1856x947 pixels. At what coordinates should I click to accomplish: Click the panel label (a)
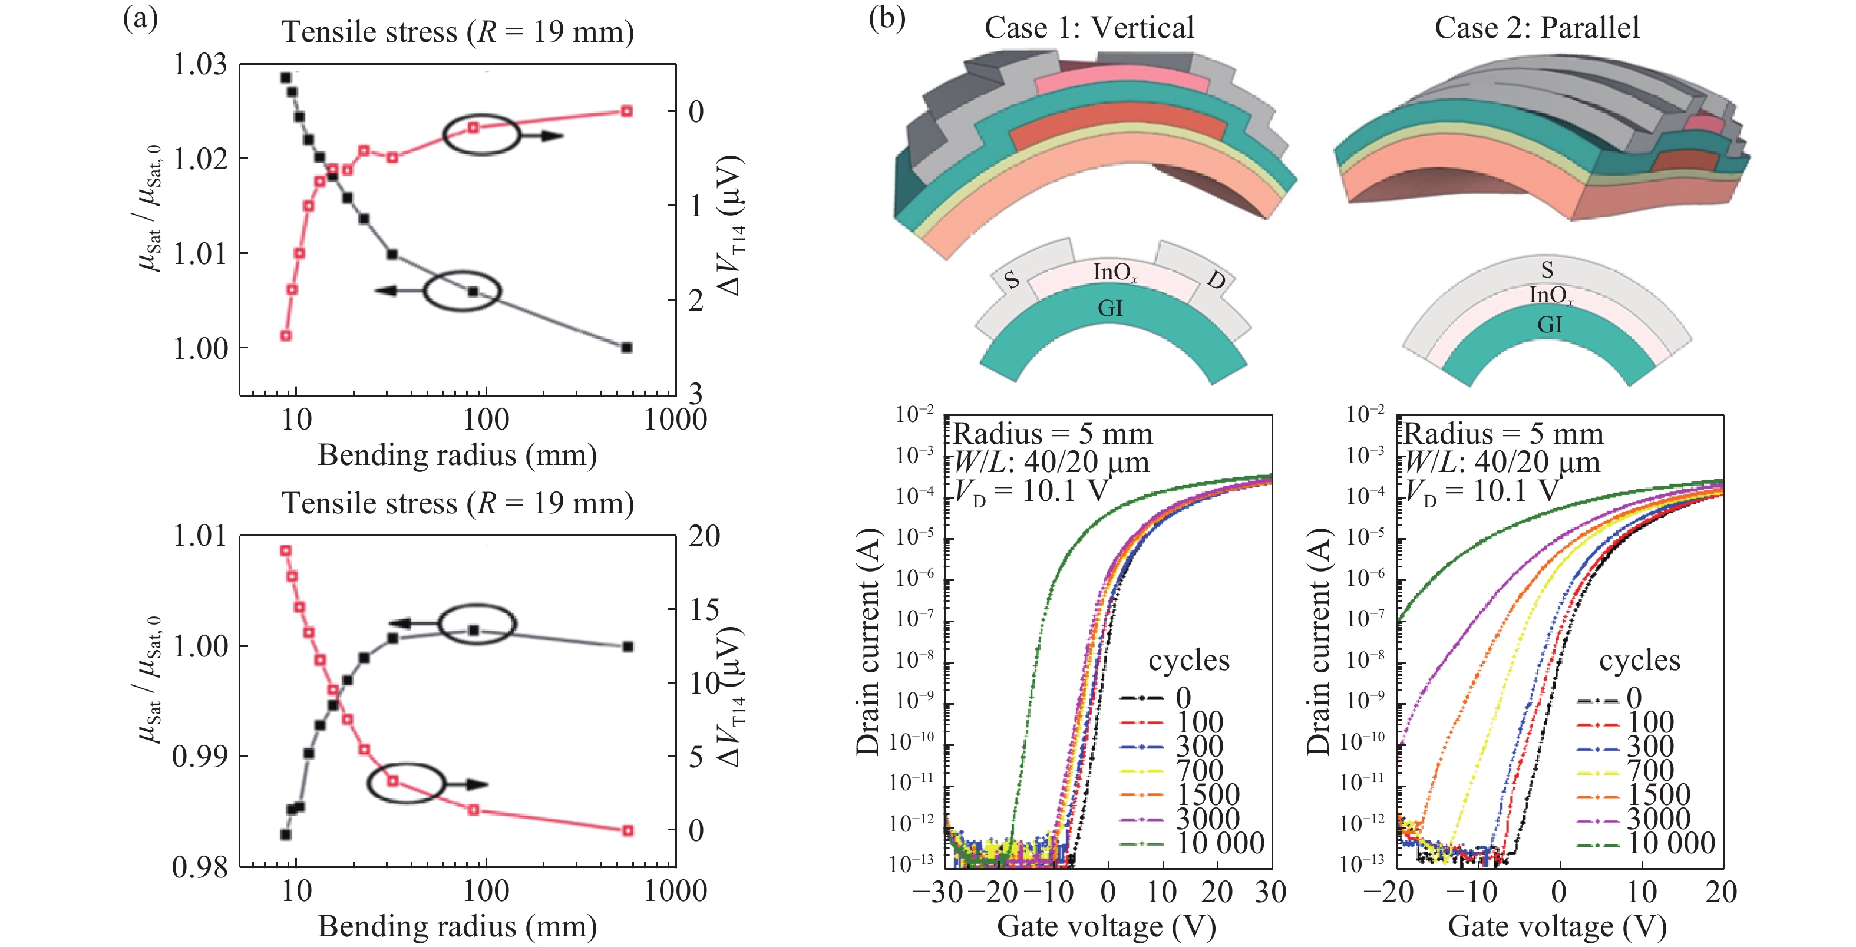click(140, 19)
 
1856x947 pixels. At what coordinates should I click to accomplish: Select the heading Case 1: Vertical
click(1089, 28)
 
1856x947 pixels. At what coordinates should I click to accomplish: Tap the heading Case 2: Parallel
click(1537, 28)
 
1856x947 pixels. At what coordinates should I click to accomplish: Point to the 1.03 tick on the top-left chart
click(200, 65)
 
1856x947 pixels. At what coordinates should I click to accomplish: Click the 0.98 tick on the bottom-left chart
click(200, 867)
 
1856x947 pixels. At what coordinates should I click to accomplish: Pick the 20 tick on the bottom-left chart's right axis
click(704, 536)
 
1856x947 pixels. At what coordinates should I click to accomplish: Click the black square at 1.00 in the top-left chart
click(627, 347)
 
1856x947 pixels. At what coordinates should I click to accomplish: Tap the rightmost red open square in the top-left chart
click(627, 111)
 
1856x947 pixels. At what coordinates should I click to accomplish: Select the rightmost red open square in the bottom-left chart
click(628, 830)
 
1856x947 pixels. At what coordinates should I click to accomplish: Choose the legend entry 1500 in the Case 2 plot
click(1659, 795)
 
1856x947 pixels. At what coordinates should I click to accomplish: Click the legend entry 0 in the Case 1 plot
click(1184, 698)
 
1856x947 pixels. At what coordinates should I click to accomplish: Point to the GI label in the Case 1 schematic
click(1110, 308)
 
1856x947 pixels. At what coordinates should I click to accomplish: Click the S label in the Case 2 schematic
click(1547, 270)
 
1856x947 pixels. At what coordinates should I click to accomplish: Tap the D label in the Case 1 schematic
click(1216, 280)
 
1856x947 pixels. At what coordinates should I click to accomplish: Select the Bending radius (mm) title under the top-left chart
click(457, 456)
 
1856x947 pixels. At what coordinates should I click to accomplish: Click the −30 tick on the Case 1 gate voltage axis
click(937, 892)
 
